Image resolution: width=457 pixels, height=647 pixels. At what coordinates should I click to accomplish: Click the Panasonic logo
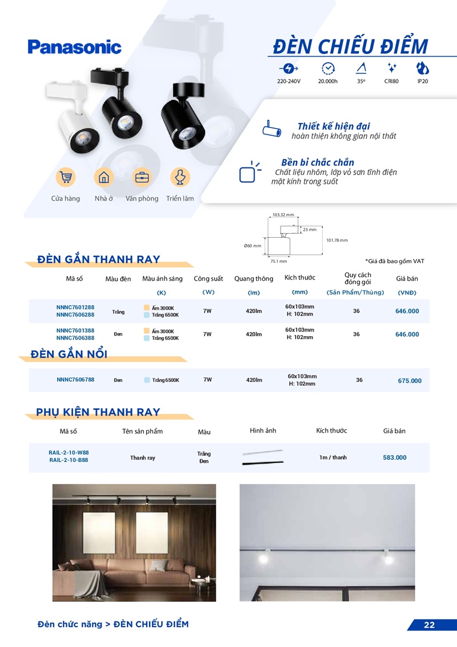74,47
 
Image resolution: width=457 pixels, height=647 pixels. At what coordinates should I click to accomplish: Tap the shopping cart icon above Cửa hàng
66,177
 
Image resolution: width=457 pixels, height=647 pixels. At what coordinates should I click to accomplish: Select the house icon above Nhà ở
104,177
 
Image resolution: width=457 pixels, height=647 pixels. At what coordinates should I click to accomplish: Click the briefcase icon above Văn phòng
142,177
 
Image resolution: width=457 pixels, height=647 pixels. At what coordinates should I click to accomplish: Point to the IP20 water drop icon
423,68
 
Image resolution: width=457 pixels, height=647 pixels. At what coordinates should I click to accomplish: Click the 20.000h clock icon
328,68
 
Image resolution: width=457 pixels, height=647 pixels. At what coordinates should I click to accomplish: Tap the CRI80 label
391,82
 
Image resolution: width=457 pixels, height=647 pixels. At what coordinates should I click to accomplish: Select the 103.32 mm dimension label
283,215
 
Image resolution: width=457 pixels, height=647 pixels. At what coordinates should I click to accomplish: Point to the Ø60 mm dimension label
252,246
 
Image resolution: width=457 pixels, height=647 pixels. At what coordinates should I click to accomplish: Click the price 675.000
410,381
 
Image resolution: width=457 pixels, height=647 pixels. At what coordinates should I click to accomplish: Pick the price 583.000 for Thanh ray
395,458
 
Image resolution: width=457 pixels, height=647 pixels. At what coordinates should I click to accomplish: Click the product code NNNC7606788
75,380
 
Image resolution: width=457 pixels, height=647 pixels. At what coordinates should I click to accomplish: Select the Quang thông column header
254,279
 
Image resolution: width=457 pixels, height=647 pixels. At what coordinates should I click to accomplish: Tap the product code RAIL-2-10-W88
69,452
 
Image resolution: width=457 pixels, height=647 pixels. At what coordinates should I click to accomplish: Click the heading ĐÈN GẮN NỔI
72,354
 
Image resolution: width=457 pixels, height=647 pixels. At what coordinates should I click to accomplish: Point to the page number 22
430,625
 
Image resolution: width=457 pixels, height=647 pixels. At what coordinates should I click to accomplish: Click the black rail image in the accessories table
262,464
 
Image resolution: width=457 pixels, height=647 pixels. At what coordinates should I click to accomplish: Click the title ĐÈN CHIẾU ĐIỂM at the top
350,46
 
